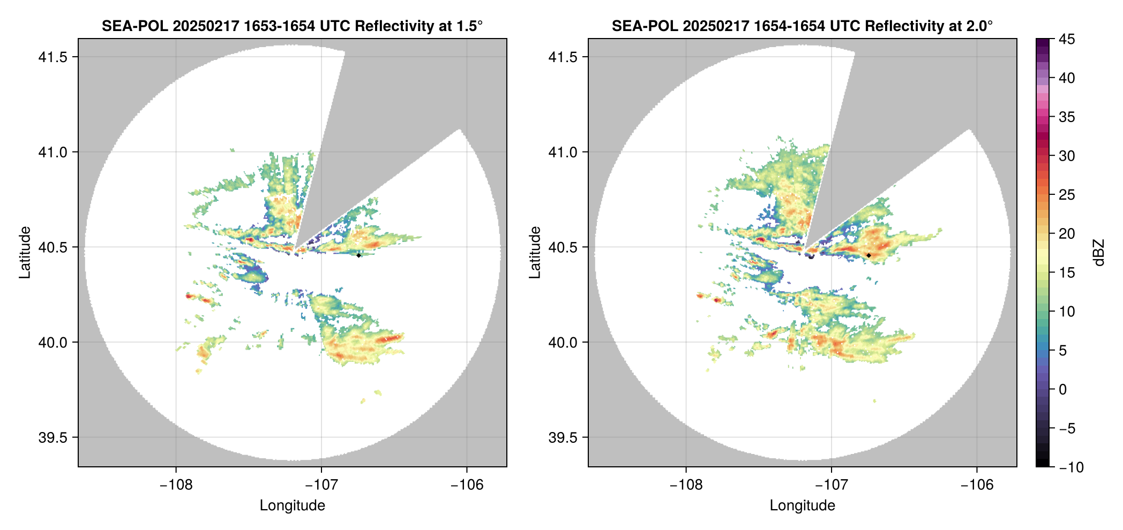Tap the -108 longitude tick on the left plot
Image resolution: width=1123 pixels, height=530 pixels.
click(x=176, y=484)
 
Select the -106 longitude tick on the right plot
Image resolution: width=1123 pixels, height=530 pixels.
click(x=977, y=484)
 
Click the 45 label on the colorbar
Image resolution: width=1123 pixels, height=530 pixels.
click(x=1066, y=39)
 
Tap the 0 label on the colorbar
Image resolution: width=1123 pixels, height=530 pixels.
click(x=1063, y=390)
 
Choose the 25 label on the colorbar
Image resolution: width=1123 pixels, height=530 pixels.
click(x=1066, y=195)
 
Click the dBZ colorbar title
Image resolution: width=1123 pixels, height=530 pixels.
click(x=1099, y=253)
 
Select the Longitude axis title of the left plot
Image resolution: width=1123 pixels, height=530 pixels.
click(x=292, y=505)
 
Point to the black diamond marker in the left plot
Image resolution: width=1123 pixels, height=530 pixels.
click(x=358, y=255)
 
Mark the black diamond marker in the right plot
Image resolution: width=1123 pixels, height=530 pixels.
click(x=869, y=255)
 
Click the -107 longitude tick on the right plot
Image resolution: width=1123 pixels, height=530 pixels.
click(x=831, y=484)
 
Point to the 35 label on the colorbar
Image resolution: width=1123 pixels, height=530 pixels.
click(x=1066, y=117)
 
